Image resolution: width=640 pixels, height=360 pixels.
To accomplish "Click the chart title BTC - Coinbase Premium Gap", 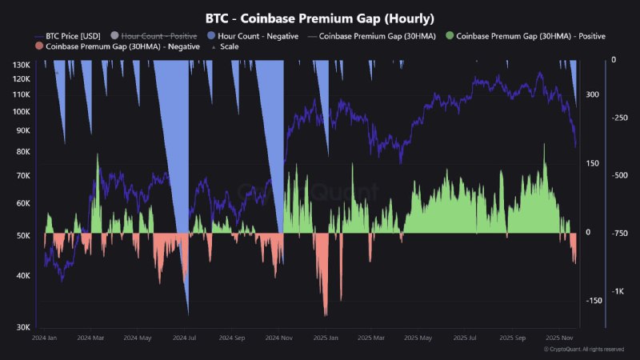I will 319,18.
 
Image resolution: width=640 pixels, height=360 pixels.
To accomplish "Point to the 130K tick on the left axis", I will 22,64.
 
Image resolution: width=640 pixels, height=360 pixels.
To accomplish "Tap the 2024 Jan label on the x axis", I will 45,338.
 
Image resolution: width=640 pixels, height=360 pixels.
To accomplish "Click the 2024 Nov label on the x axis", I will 278,338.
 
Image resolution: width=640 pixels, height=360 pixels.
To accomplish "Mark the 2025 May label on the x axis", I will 418,338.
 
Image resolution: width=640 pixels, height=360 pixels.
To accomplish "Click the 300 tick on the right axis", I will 592,94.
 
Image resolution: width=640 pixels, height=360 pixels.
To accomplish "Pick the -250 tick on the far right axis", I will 621,118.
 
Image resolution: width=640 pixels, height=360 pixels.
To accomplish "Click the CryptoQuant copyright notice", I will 583,350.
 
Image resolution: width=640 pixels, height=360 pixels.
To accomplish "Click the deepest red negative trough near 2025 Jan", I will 326,314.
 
